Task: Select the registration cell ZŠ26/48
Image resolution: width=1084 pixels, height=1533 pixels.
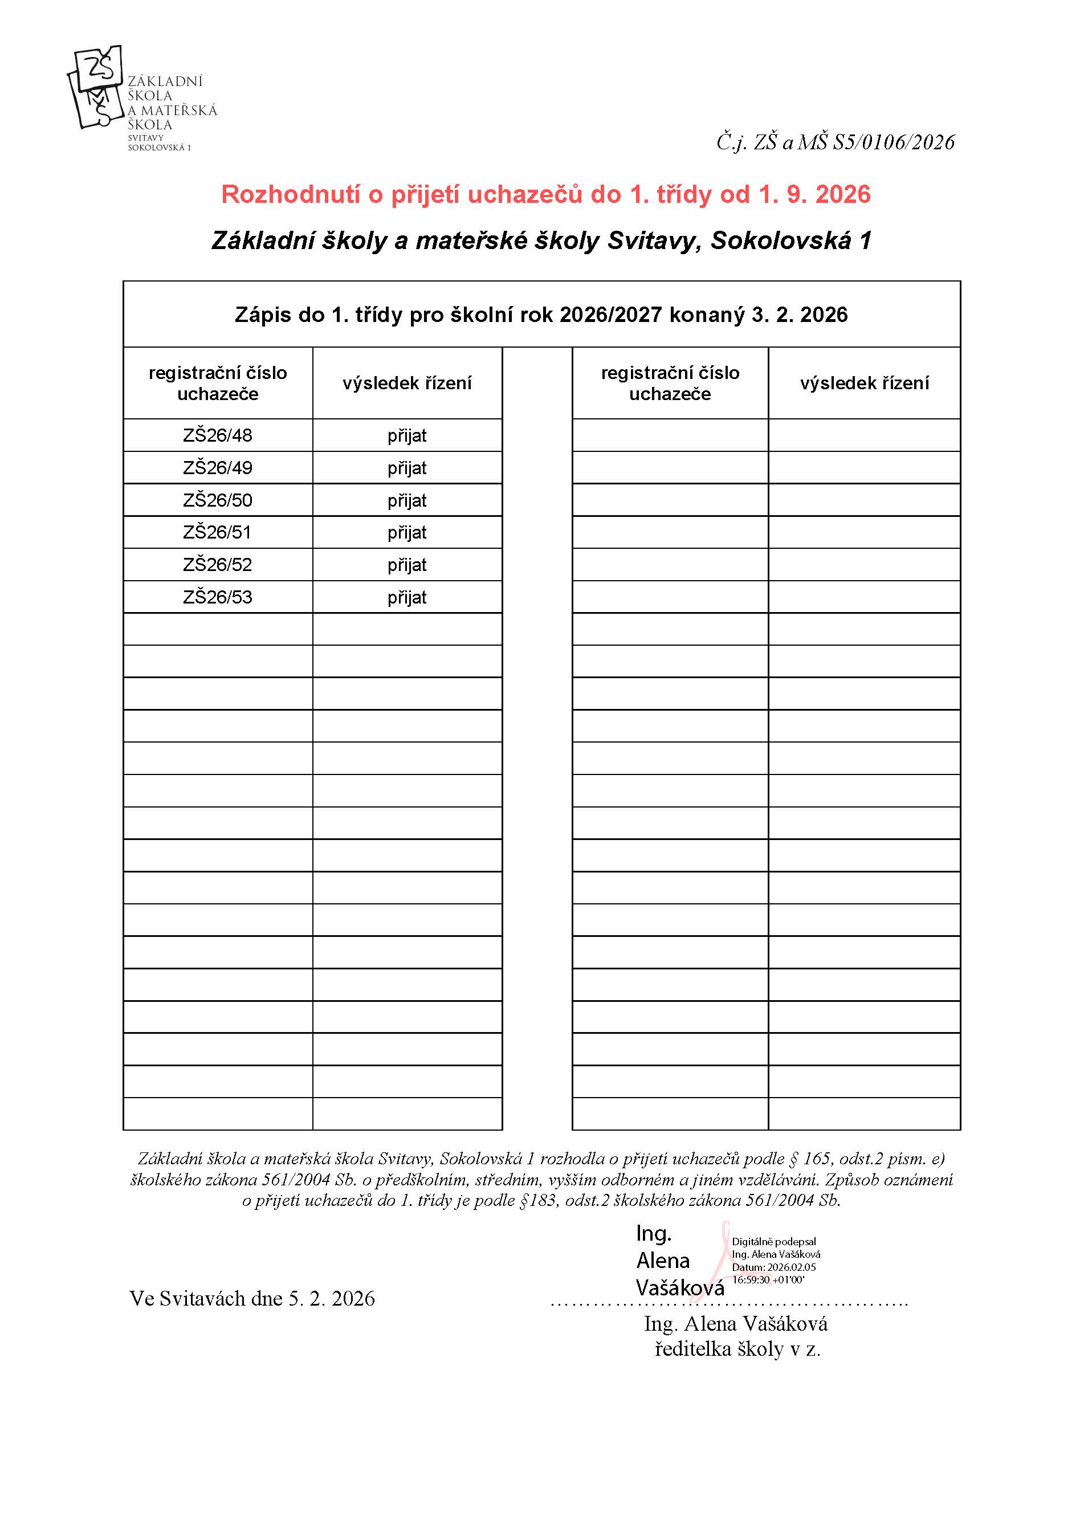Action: click(218, 435)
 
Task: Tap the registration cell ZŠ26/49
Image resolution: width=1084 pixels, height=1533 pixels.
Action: click(218, 467)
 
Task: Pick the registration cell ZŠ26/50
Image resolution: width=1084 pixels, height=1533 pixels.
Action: click(218, 500)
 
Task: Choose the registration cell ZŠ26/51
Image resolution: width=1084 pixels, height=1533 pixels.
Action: click(218, 532)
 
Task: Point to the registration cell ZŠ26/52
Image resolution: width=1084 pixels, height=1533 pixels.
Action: click(218, 565)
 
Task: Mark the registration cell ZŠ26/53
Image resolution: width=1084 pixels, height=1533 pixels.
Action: click(218, 597)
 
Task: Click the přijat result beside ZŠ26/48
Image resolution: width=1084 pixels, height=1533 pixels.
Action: click(407, 435)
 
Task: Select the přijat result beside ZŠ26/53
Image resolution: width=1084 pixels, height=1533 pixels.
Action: click(407, 597)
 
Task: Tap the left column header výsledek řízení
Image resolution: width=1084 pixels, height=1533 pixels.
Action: click(407, 383)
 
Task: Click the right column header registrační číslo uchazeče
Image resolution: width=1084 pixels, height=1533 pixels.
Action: click(670, 383)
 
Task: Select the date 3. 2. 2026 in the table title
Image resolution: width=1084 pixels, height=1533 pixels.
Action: click(800, 315)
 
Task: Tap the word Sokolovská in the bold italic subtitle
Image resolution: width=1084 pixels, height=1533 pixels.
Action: click(780, 240)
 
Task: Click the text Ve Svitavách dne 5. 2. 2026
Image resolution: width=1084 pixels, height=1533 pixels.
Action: click(252, 1299)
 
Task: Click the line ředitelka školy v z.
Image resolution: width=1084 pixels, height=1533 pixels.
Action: click(737, 1349)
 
